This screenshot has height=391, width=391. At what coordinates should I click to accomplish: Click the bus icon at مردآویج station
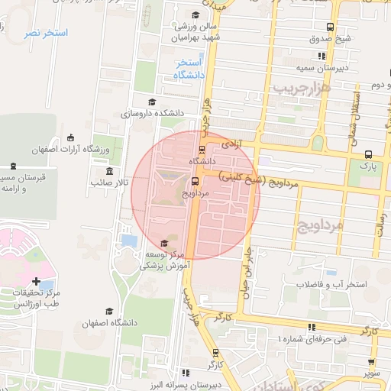point(195,182)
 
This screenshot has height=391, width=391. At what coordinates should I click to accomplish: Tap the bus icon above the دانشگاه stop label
point(202,150)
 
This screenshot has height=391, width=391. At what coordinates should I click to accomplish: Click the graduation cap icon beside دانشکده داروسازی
point(152,102)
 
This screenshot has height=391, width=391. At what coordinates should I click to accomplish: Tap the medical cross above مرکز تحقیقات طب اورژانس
point(37,282)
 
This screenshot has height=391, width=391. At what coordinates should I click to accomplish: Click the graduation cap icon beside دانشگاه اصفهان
point(110,312)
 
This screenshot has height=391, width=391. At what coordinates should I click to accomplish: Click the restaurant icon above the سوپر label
point(372,363)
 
